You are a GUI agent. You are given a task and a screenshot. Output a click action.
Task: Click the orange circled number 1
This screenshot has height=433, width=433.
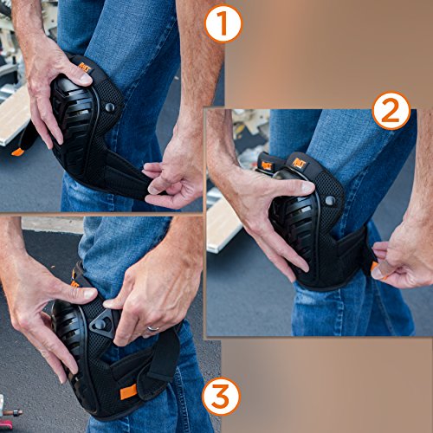click(223, 24)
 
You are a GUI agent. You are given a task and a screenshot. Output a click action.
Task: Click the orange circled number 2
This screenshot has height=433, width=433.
click(391, 111)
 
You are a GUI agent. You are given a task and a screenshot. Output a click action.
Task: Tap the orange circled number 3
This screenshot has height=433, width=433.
click(222, 396)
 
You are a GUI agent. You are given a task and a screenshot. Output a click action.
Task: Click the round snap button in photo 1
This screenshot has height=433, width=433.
click(110, 107)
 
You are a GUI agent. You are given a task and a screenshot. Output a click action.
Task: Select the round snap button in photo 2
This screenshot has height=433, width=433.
click(330, 200)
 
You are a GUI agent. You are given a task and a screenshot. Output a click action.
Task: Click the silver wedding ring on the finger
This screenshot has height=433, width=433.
click(153, 328)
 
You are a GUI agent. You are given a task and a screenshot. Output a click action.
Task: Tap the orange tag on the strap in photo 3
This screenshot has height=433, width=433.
click(128, 392)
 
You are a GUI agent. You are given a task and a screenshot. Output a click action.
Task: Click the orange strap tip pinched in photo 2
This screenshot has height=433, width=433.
click(374, 267)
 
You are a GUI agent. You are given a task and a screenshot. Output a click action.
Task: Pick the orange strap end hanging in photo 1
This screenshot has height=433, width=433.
click(17, 152)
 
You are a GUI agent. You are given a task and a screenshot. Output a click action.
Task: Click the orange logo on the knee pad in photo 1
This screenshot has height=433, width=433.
click(85, 68)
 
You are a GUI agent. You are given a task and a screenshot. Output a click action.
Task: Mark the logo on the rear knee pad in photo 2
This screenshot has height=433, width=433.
click(267, 165)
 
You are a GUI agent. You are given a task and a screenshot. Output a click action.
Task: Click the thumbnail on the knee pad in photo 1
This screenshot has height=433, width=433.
click(86, 79)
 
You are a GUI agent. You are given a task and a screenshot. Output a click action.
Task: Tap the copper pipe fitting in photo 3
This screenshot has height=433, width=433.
click(11, 412)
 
